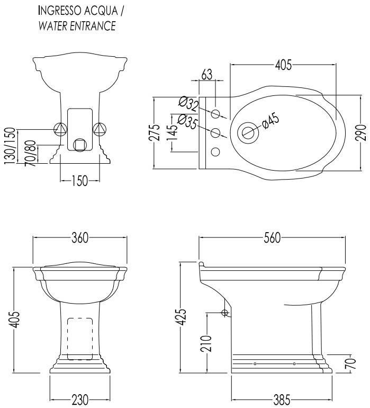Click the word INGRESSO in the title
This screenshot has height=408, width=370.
[x=56, y=11]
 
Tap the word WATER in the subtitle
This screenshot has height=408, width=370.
[x=52, y=26]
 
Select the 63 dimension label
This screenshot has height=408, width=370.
[x=207, y=74]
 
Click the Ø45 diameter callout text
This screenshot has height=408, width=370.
[x=270, y=121]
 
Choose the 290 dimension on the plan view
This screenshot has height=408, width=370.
[x=361, y=132]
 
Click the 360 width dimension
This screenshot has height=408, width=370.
[x=80, y=237]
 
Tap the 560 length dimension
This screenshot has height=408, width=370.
[x=272, y=237]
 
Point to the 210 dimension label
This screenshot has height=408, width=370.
[x=206, y=343]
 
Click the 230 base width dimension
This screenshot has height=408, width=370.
[x=79, y=400]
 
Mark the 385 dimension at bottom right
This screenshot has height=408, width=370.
[x=282, y=400]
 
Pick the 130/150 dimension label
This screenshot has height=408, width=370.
[x=10, y=146]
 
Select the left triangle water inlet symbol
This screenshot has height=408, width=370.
[x=60, y=129]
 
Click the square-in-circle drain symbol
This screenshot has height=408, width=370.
[x=80, y=145]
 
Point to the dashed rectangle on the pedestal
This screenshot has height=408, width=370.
[x=80, y=339]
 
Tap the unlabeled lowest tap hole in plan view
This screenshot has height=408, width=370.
[x=215, y=152]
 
